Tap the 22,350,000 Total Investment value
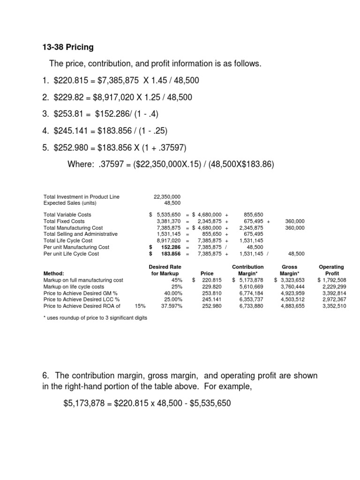167,196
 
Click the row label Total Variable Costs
67,215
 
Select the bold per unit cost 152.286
171,247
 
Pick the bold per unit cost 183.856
171,254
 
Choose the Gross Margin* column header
289,270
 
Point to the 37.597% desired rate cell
171,306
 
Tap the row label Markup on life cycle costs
74,286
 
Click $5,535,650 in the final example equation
209,403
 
